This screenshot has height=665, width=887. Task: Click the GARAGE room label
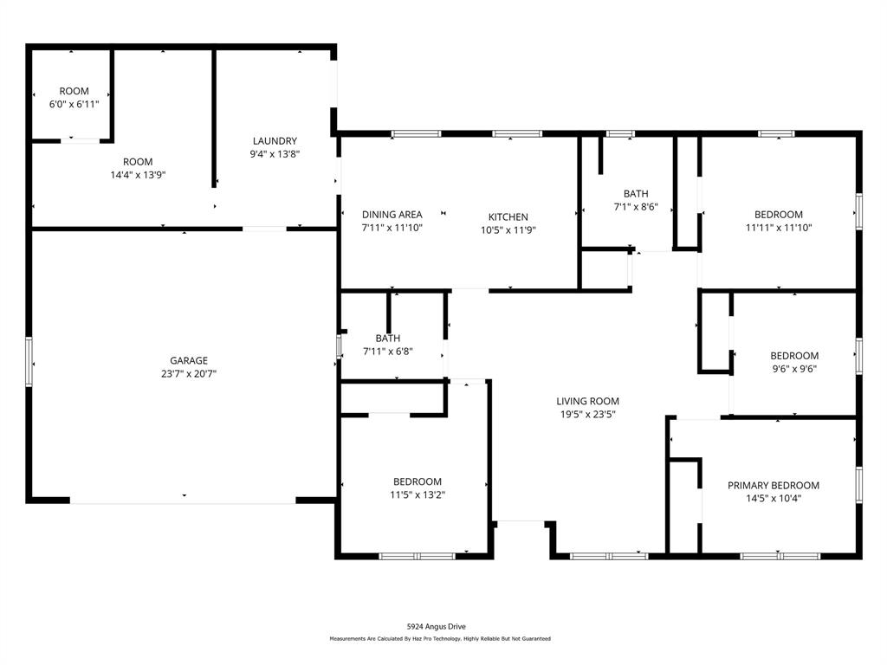[188, 360]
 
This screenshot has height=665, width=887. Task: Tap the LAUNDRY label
[275, 141]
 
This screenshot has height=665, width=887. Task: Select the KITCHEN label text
[508, 216]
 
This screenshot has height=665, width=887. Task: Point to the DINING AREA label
[392, 214]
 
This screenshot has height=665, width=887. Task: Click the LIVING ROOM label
[587, 401]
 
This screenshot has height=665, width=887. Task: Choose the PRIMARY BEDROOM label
[773, 485]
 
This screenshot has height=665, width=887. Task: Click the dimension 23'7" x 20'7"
[188, 374]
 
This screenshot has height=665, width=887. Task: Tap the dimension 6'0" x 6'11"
[74, 104]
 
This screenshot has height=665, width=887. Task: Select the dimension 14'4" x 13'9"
[137, 174]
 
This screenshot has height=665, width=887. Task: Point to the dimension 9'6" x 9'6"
[794, 368]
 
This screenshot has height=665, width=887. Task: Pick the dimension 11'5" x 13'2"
[418, 494]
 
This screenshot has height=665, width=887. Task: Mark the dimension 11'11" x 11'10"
[778, 227]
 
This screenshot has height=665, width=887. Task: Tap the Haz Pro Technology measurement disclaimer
[439, 639]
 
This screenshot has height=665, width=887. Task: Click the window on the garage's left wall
[29, 362]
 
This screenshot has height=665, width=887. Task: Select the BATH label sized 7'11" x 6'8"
[387, 338]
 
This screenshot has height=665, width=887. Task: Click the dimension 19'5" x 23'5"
[587, 414]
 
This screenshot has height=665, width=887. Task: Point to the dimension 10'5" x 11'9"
[508, 229]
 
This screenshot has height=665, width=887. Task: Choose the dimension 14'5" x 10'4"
[773, 498]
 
